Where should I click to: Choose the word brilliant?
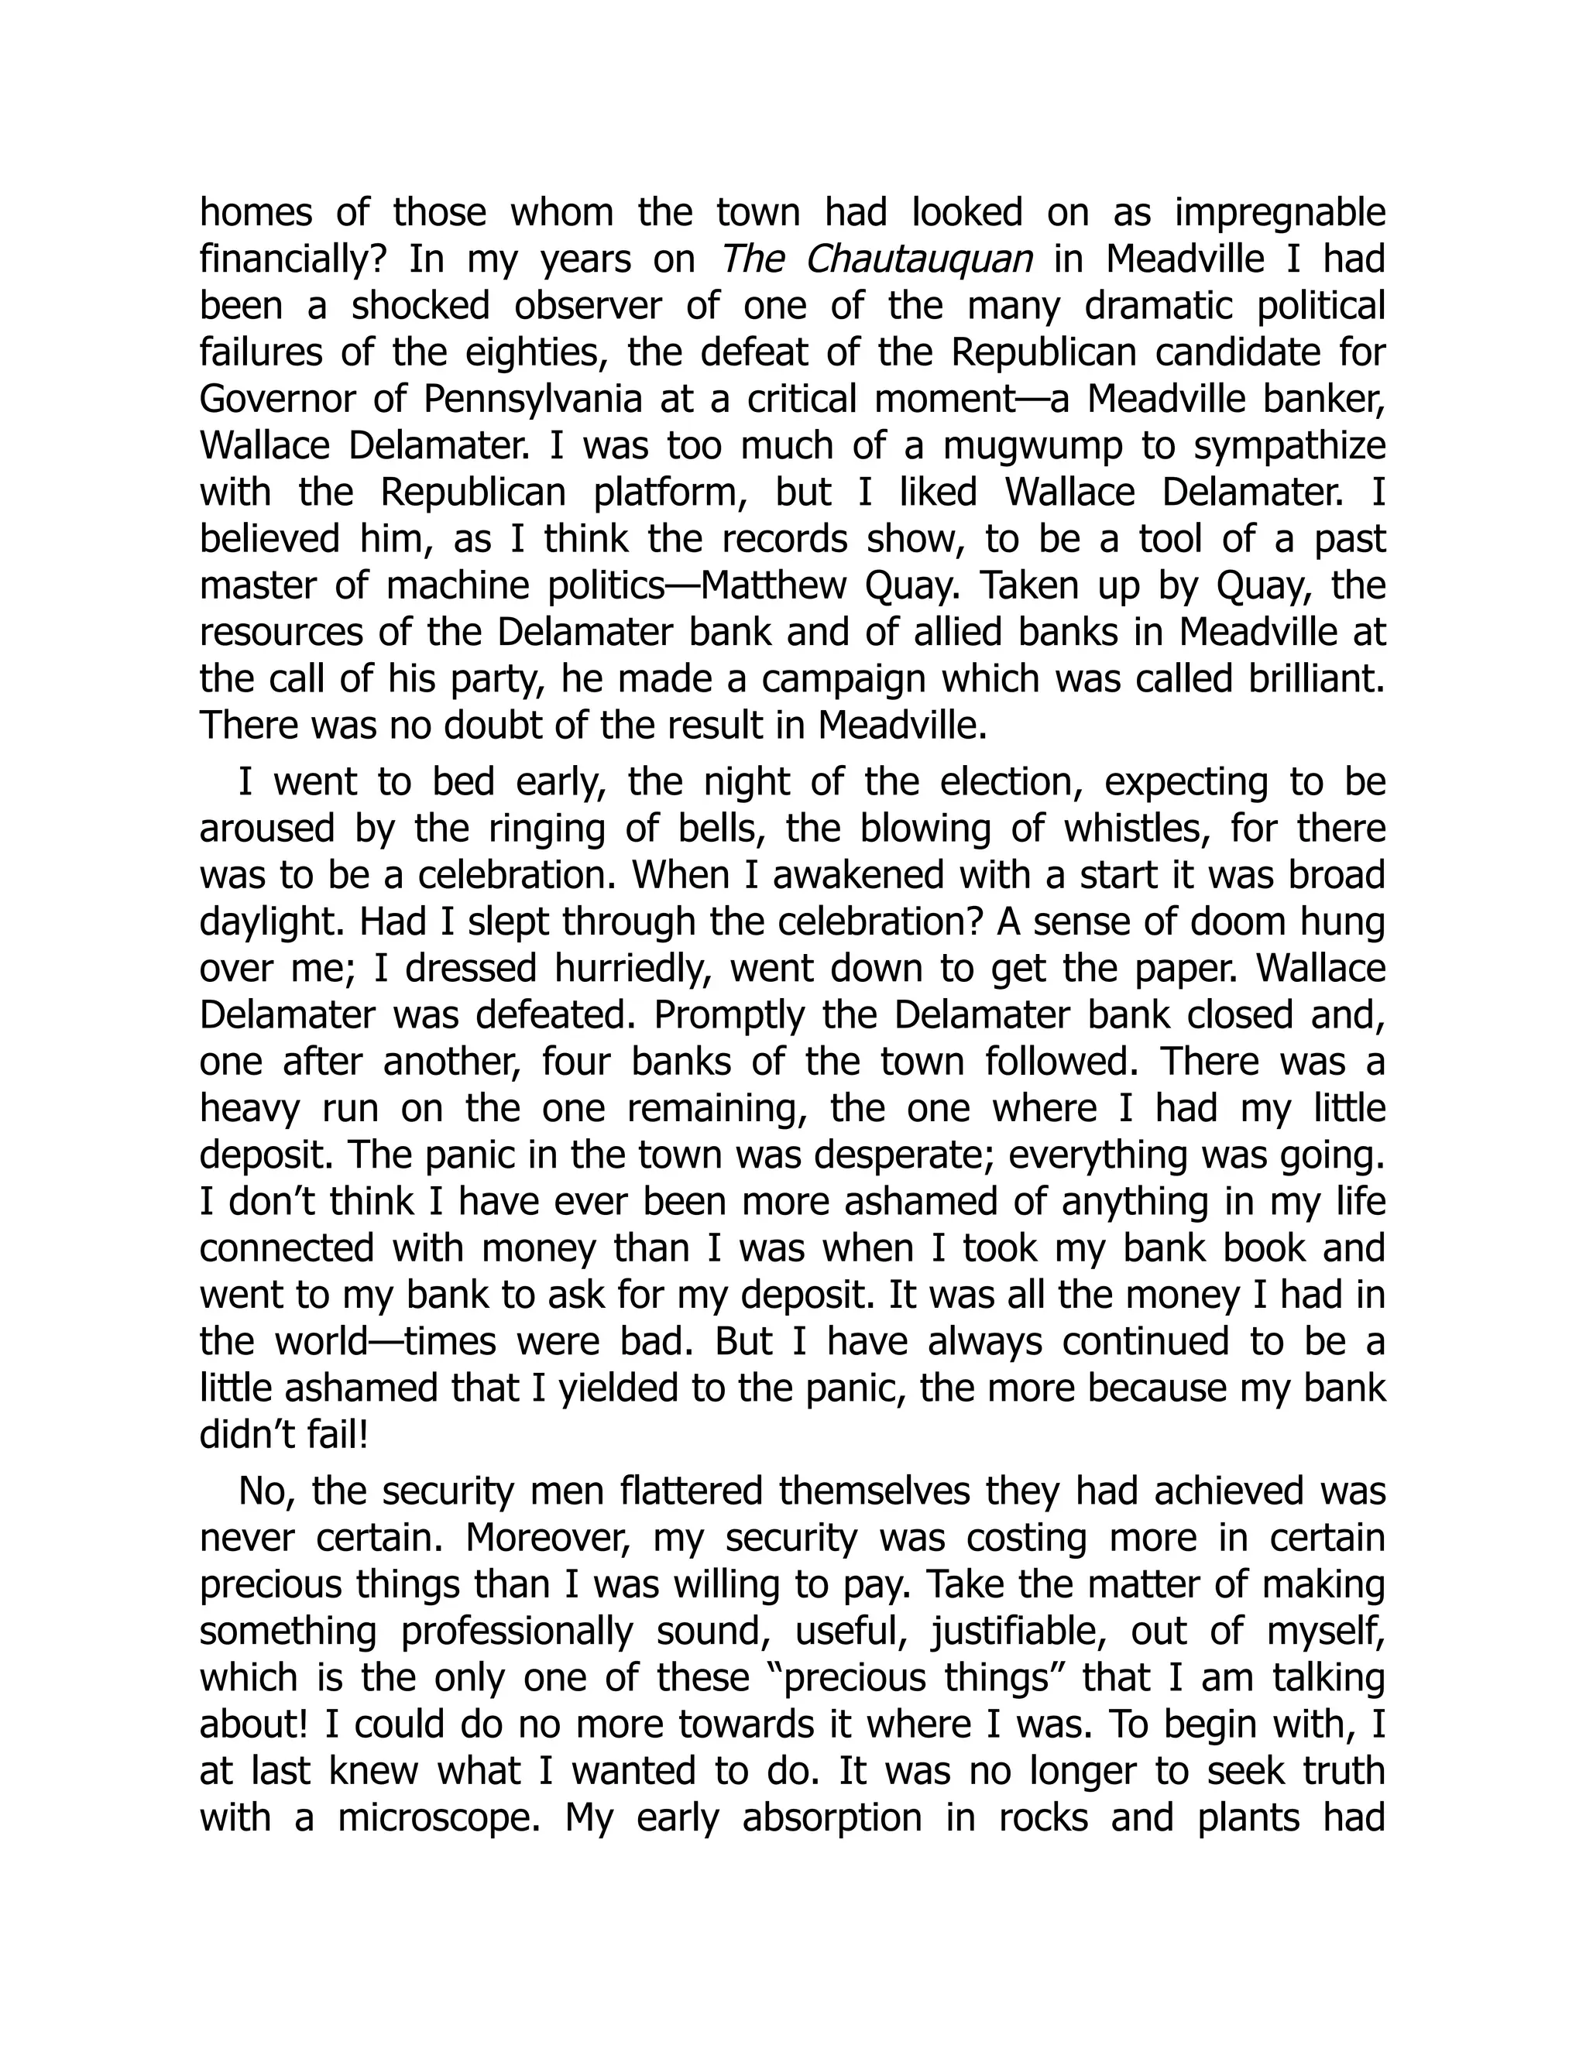click(1317, 678)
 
